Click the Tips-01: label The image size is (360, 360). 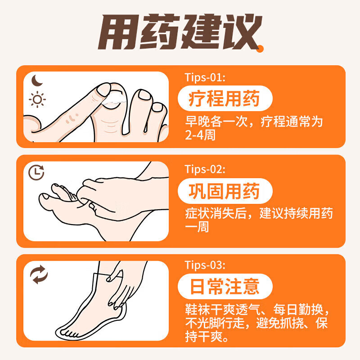pos(205,77)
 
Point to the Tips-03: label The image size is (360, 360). pos(205,264)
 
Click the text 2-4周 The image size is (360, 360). pos(200,135)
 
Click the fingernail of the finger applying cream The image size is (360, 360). pos(103,90)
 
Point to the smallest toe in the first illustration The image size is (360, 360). pos(158,109)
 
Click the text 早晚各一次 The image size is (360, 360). pos(214,122)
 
